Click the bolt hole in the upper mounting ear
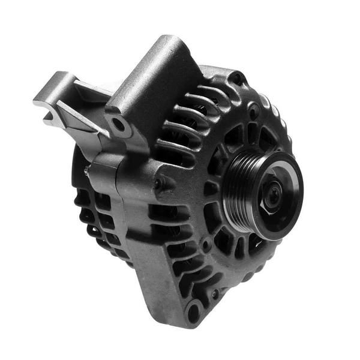click(x=119, y=125)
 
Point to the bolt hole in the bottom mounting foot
click(x=193, y=311)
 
